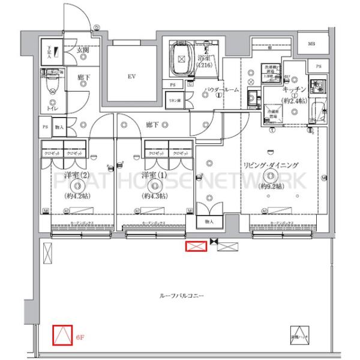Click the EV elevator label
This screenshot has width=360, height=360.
click(x=131, y=76)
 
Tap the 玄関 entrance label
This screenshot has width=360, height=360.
click(x=83, y=50)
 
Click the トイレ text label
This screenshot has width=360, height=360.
click(x=52, y=109)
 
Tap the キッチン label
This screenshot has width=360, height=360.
click(x=295, y=89)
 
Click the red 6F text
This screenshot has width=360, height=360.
click(x=79, y=338)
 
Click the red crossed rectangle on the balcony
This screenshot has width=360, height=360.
click(x=195, y=246)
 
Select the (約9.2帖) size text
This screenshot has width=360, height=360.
click(x=271, y=187)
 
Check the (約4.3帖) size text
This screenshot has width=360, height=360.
click(x=154, y=196)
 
